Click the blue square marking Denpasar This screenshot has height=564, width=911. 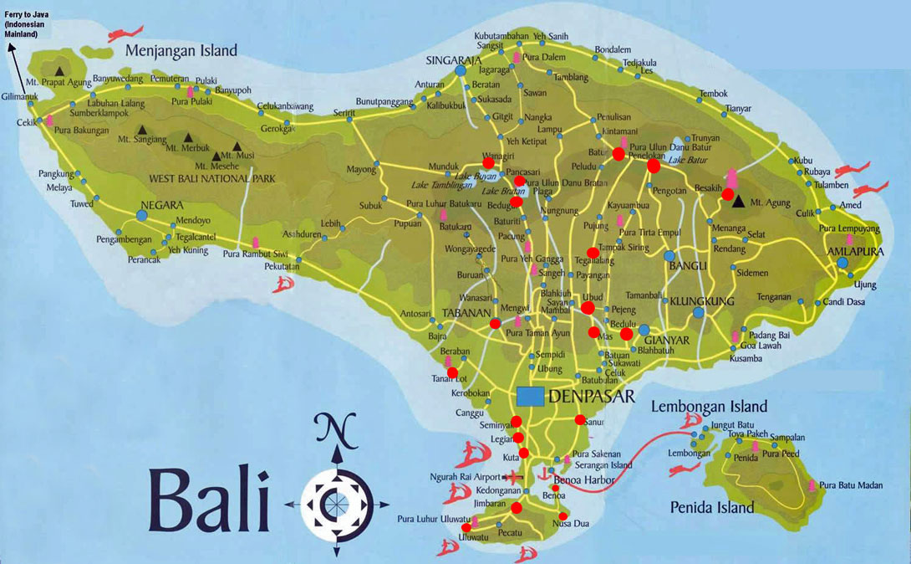coord(529,396)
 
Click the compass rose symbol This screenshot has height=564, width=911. coord(338,504)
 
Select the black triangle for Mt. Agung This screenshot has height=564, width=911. coord(737,201)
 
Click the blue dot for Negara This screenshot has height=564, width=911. coord(141,216)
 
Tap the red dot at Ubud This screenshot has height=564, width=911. coord(588,308)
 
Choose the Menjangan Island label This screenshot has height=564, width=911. coord(181,51)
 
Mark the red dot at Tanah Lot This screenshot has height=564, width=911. coord(453,373)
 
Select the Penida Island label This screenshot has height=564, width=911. coord(712,507)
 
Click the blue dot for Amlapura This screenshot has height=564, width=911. coord(842,263)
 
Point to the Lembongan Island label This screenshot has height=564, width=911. coord(708,408)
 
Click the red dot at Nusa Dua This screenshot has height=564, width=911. coord(563,516)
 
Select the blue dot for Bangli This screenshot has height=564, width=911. coord(669,256)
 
